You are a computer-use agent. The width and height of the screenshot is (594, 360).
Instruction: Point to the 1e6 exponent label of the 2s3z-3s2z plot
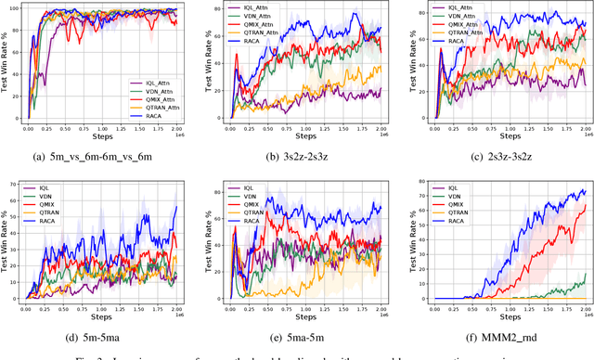tap(582, 135)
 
